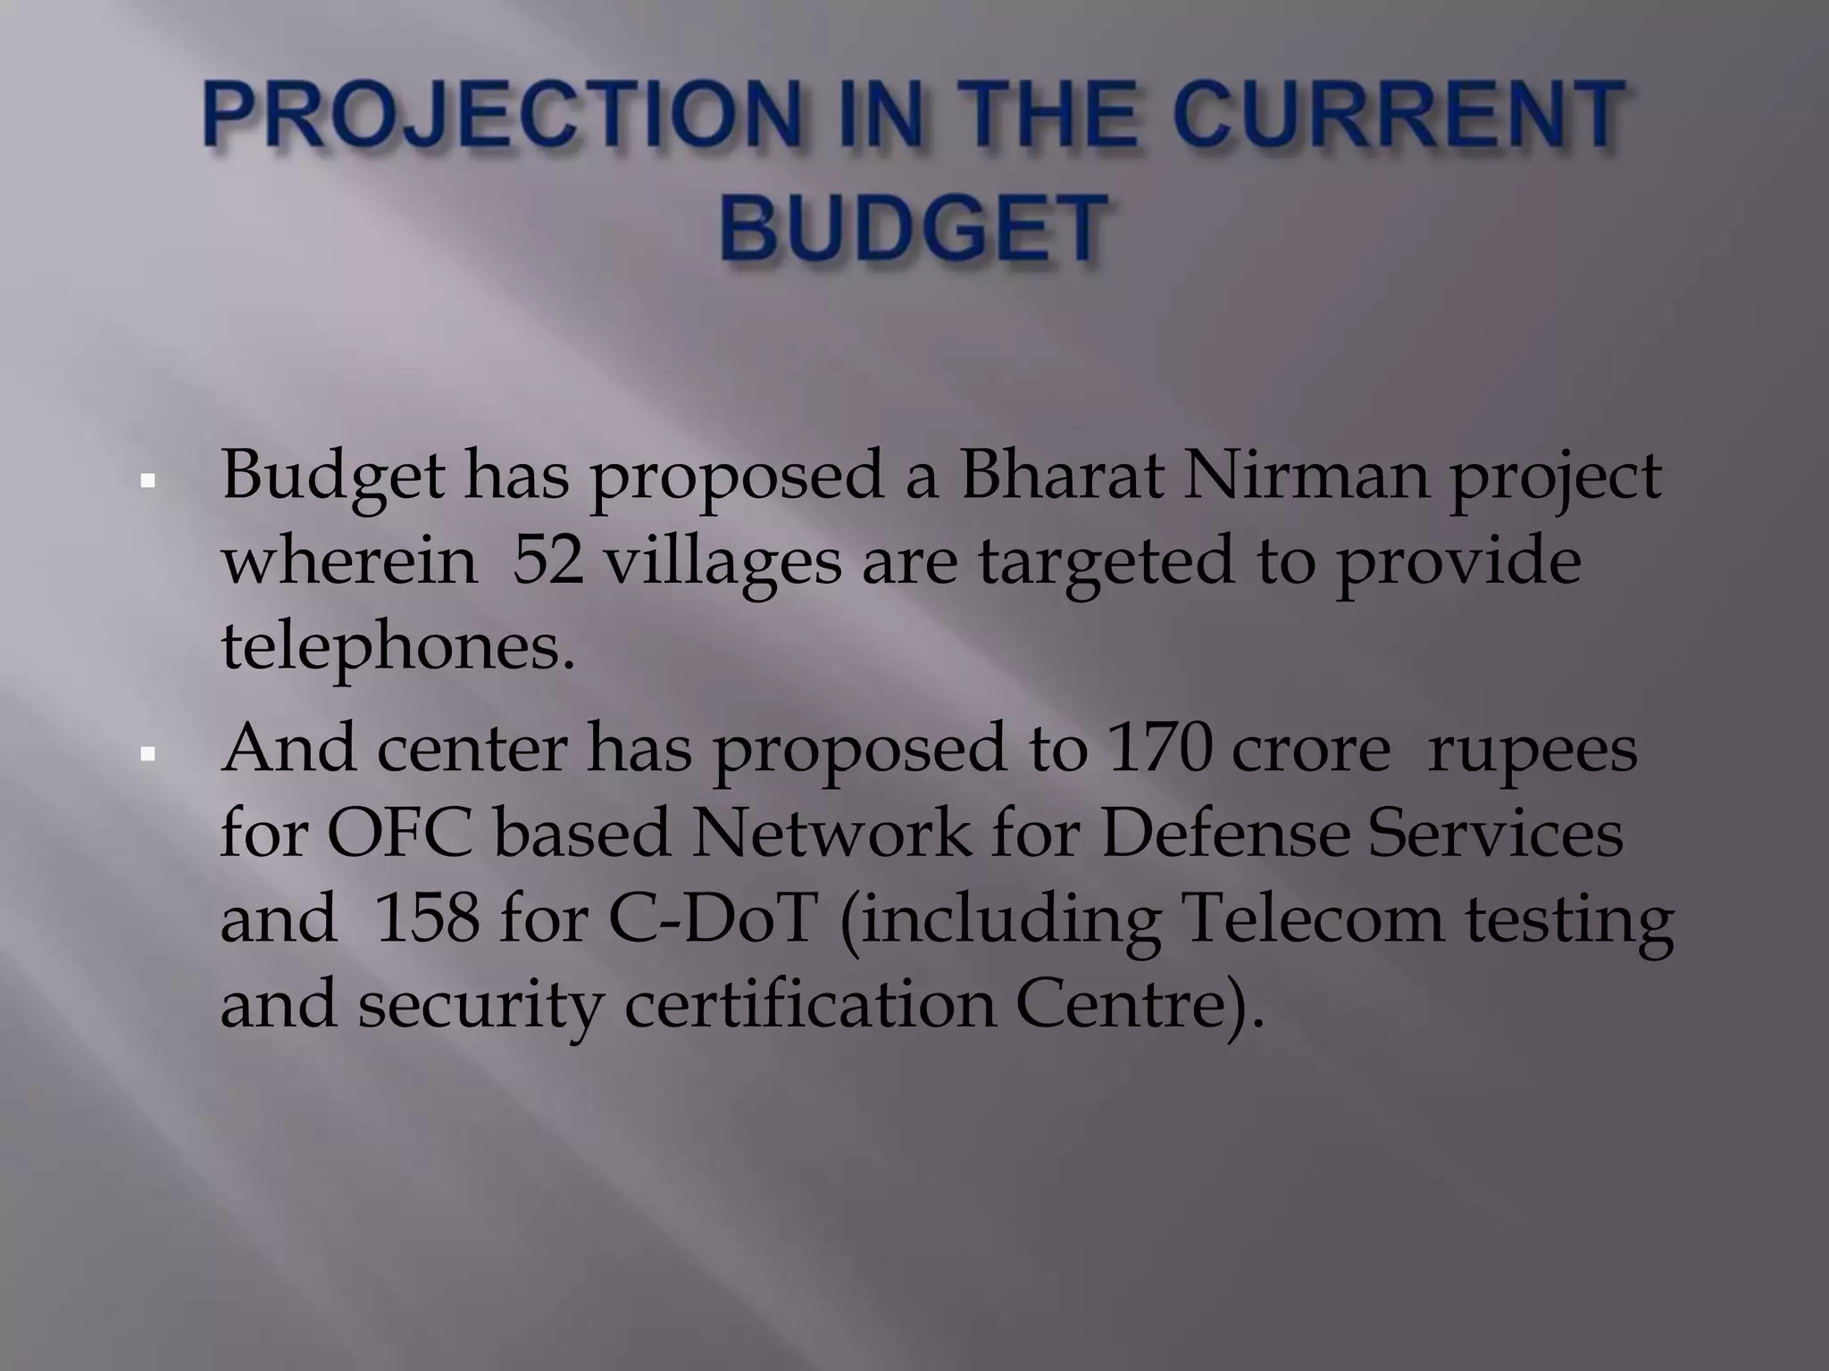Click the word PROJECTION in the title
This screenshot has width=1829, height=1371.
coord(500,116)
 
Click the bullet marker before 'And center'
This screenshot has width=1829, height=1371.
coord(148,755)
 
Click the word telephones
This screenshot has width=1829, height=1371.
coord(397,649)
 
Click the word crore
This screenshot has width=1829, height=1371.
coord(1310,752)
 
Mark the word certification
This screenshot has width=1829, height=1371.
coord(808,1006)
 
